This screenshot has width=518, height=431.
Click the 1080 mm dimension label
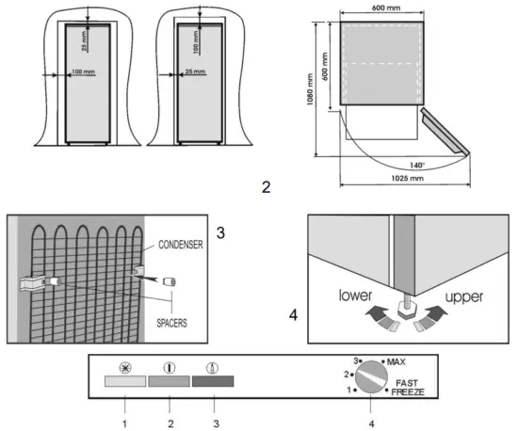coord(310,89)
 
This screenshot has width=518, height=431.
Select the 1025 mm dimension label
coord(407,178)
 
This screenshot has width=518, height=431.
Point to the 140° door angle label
coord(417,165)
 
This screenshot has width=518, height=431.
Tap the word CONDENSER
coord(181,245)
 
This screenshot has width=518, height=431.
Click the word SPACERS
coord(171,323)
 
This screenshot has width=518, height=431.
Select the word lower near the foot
coord(355,295)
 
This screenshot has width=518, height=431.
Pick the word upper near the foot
coord(464,297)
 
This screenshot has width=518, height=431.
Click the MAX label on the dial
coord(397,362)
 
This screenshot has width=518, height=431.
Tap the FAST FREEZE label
coord(408,388)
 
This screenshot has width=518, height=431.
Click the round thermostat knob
coord(372,376)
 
